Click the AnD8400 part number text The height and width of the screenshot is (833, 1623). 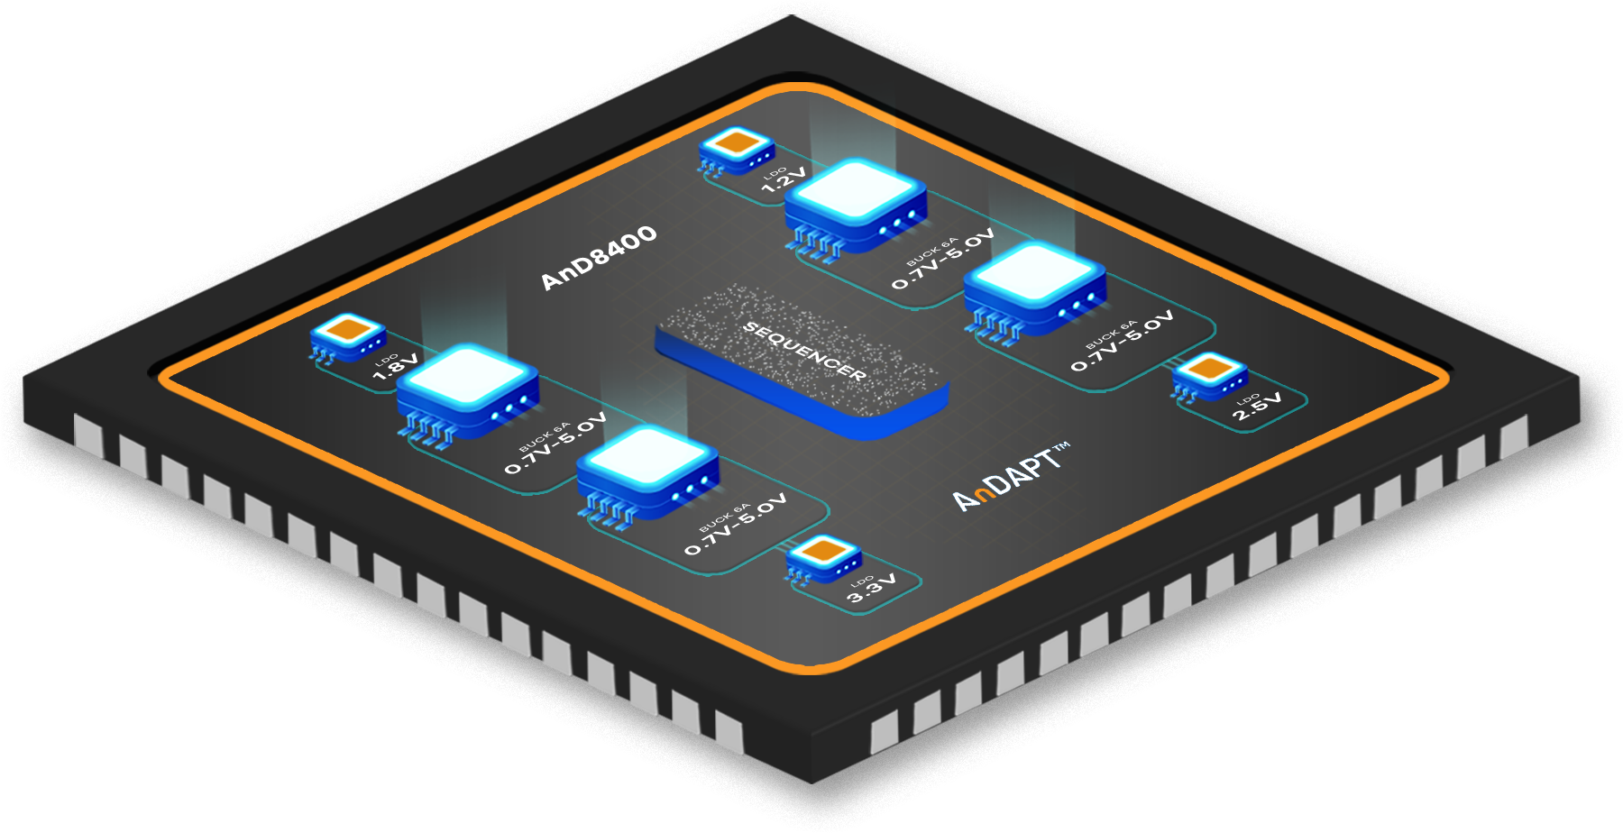[599, 258]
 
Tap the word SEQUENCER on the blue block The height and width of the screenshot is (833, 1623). [804, 351]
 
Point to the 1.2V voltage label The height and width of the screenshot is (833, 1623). [784, 179]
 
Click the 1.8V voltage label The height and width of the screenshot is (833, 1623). [397, 365]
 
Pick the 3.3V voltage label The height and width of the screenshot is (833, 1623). [872, 588]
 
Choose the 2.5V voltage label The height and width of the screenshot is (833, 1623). [1258, 407]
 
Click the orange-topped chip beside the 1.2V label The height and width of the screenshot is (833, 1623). [737, 148]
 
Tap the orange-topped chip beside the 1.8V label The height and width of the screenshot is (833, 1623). [348, 335]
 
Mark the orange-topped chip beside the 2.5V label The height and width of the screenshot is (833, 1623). [1210, 374]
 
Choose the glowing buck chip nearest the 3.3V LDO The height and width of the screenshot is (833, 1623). [647, 468]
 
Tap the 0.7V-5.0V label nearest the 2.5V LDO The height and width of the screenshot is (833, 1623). [1123, 341]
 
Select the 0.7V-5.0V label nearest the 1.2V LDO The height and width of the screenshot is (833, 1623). [943, 259]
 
